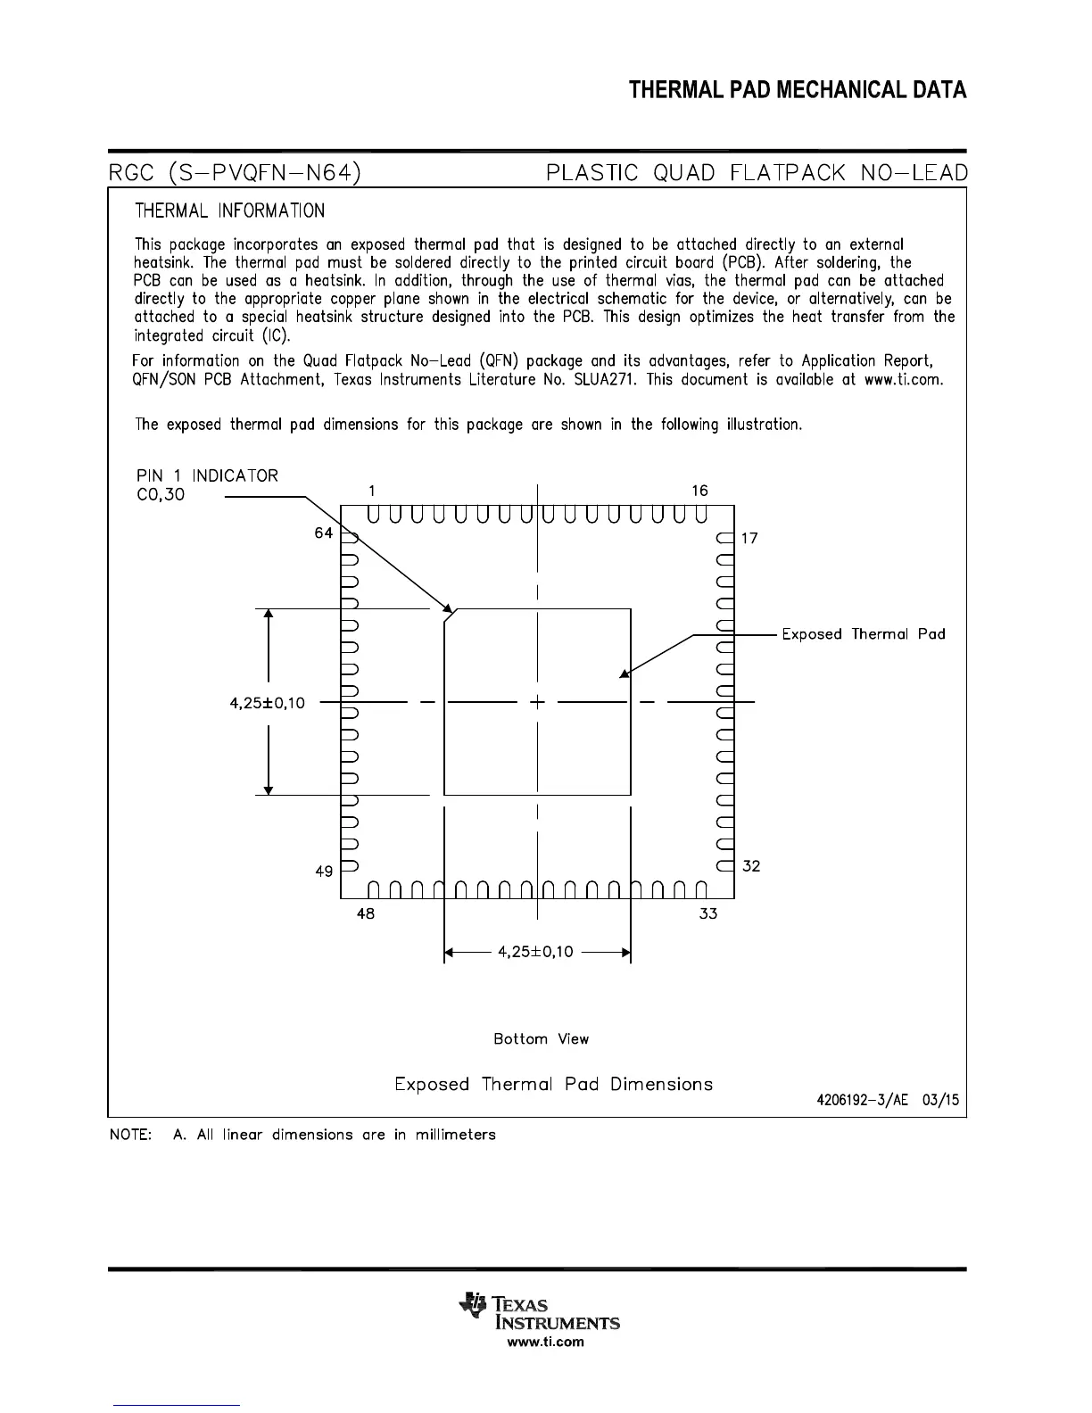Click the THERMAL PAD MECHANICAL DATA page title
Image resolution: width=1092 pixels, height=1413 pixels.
tap(797, 90)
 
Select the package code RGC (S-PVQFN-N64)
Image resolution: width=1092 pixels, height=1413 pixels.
tap(235, 172)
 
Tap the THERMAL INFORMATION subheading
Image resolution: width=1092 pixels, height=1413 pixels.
tap(229, 211)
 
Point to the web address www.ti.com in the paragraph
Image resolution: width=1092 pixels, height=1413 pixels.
tap(903, 379)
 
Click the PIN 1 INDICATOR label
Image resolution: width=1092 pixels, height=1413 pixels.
tap(207, 475)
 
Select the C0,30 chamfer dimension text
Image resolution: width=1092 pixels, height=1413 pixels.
tap(161, 495)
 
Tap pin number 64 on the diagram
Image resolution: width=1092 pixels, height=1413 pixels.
tap(323, 533)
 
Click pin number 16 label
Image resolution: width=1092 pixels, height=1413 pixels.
tap(699, 491)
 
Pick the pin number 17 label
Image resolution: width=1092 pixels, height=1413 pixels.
tap(749, 539)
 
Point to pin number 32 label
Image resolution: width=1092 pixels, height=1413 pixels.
tap(751, 866)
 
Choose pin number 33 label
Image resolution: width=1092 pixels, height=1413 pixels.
tap(707, 913)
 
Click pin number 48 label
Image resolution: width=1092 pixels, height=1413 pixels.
tap(365, 913)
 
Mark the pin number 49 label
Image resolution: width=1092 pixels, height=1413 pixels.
tap(324, 872)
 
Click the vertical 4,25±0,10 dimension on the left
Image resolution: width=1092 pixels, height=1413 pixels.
tap(267, 703)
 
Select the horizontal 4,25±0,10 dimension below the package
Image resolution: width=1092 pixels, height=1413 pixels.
tap(535, 952)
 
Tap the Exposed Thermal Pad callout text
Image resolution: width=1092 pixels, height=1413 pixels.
tap(863, 634)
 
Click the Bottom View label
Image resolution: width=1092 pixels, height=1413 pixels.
tap(541, 1039)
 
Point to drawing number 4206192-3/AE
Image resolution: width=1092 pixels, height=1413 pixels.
tap(862, 1100)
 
